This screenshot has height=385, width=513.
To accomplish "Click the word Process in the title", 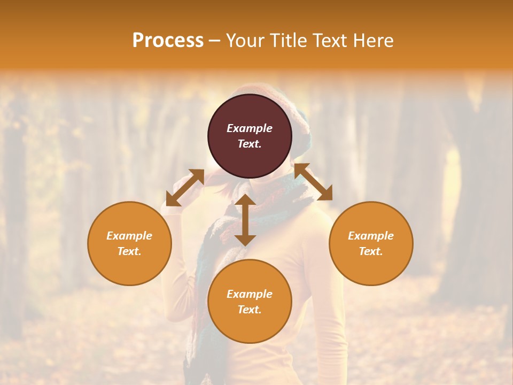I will [168, 41].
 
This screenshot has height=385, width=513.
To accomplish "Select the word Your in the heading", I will [244, 41].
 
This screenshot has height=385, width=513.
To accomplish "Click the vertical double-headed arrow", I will [245, 220].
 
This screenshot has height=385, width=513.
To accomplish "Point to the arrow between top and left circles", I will [185, 187].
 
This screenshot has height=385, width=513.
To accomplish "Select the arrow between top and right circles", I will [313, 182].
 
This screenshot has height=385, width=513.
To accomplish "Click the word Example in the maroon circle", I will [250, 128].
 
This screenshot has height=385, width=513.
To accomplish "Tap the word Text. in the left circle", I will [129, 251].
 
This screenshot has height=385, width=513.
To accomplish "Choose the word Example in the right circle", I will [371, 236].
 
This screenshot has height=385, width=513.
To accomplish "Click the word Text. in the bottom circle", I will [250, 310].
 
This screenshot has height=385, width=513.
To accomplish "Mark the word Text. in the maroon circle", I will [250, 144].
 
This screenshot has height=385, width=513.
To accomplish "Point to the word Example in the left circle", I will [129, 236].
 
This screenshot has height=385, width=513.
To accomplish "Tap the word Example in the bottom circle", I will [250, 294].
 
